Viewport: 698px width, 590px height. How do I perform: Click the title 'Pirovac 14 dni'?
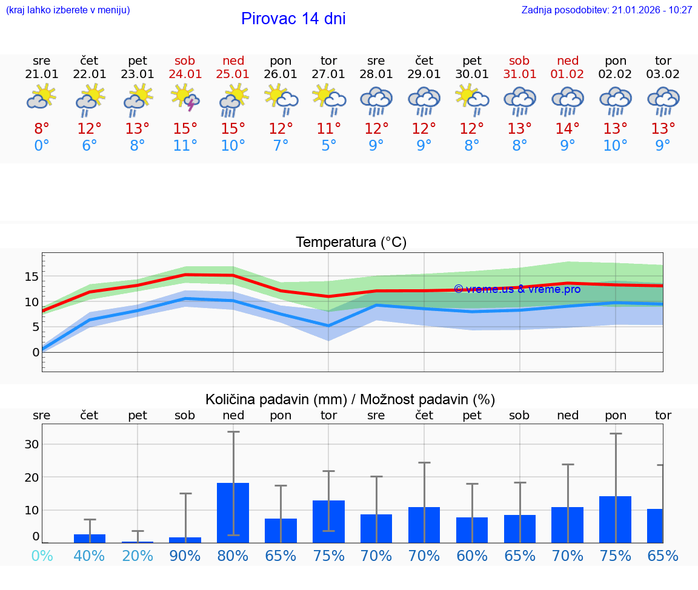pos(293,19)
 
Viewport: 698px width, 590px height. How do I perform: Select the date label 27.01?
pos(328,74)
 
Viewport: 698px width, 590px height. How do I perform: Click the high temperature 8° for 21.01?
pos(42,128)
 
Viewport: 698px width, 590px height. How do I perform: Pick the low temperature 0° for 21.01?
pos(42,146)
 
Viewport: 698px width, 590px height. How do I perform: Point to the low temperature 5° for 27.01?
pos(328,146)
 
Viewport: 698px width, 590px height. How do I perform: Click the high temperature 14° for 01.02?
pos(568,128)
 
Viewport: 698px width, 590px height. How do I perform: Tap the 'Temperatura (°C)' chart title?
pos(351,243)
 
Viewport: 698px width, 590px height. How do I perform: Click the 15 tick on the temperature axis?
pos(32,277)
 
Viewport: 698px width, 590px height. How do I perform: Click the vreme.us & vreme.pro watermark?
pos(517,289)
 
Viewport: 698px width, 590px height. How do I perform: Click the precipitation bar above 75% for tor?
pos(328,521)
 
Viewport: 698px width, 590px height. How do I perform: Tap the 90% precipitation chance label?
pos(185,556)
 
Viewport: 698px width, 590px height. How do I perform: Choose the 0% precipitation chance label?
pos(42,556)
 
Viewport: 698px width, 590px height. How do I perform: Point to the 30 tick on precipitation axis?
pos(32,444)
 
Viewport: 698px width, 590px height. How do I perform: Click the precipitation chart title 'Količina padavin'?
pos(350,399)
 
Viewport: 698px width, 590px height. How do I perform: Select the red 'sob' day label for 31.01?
pos(519,61)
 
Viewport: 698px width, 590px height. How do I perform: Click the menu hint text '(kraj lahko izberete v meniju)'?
pos(68,10)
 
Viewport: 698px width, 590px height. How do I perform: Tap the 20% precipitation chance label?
pos(138,556)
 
